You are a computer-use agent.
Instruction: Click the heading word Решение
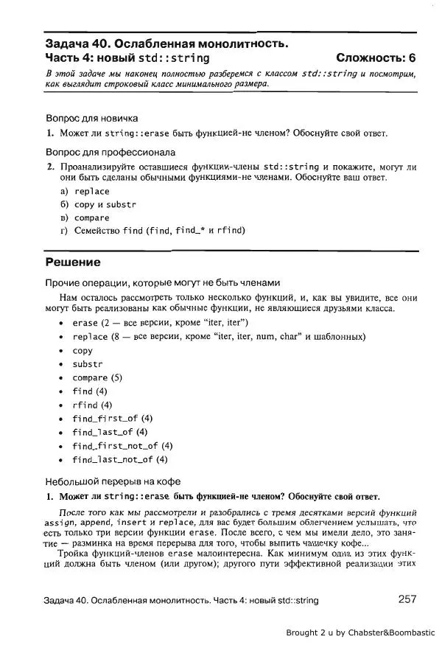coord(73,262)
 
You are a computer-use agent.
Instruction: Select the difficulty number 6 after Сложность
coord(412,57)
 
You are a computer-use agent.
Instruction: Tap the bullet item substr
coord(87,364)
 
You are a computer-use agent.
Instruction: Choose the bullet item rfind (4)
coord(92,405)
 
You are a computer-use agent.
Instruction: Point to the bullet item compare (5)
coord(97,377)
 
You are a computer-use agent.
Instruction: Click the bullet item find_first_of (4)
coord(112,418)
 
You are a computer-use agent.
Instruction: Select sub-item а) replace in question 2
coord(85,191)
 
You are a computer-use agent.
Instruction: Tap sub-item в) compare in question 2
coord(85,217)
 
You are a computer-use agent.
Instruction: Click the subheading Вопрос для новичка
coord(91,118)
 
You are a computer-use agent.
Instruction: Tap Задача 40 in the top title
coord(74,43)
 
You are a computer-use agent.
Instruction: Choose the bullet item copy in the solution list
coord(83,351)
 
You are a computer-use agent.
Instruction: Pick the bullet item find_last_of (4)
coord(110,432)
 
